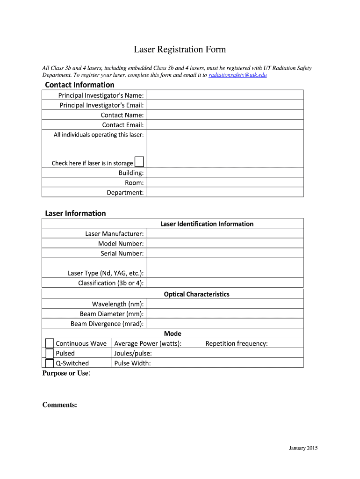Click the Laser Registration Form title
(180, 49)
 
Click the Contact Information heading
(79, 85)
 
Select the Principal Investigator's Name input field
(224, 95)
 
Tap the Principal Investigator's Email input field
(224, 105)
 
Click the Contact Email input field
(224, 124)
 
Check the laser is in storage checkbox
(139, 162)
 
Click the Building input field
(224, 173)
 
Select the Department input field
(224, 192)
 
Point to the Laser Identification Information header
(207, 224)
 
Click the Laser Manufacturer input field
(224, 233)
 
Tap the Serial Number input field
(224, 253)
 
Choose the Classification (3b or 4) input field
(224, 283)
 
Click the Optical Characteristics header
(196, 294)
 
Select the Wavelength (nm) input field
(224, 304)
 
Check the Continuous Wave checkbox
(50, 343)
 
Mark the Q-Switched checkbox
(50, 363)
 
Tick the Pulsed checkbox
(50, 353)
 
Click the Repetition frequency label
(236, 343)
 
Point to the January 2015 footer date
(303, 448)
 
